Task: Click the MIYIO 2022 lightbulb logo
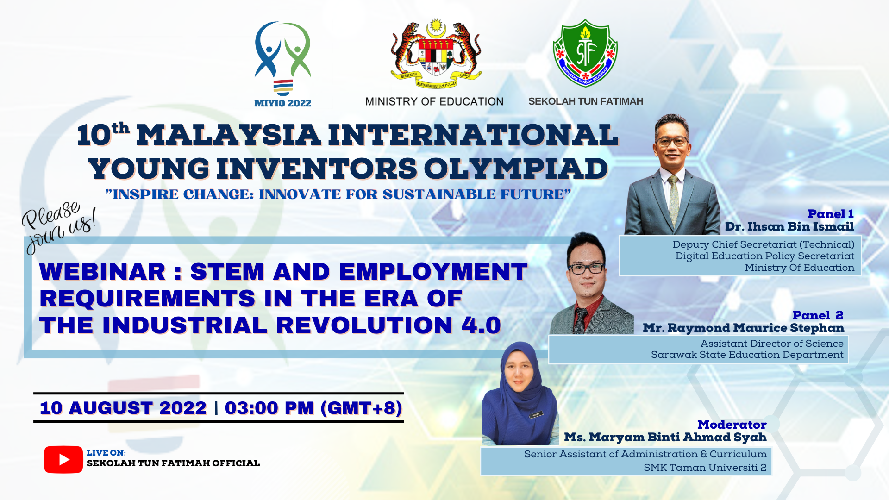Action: click(282, 59)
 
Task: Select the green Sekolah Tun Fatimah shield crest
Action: click(585, 53)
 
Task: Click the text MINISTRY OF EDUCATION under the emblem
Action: click(434, 101)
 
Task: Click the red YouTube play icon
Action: click(63, 459)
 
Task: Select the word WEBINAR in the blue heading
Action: click(102, 271)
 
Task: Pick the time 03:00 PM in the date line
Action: click(269, 408)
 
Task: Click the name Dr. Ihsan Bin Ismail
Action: click(789, 226)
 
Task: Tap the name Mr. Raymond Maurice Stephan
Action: click(743, 328)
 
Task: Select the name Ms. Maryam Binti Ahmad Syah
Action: click(665, 437)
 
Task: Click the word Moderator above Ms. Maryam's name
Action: click(732, 425)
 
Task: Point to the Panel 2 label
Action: click(818, 315)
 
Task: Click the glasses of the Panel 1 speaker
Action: click(672, 142)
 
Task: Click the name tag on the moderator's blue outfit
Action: click(536, 415)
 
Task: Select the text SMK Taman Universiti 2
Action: click(705, 468)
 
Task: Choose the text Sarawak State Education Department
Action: click(747, 355)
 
